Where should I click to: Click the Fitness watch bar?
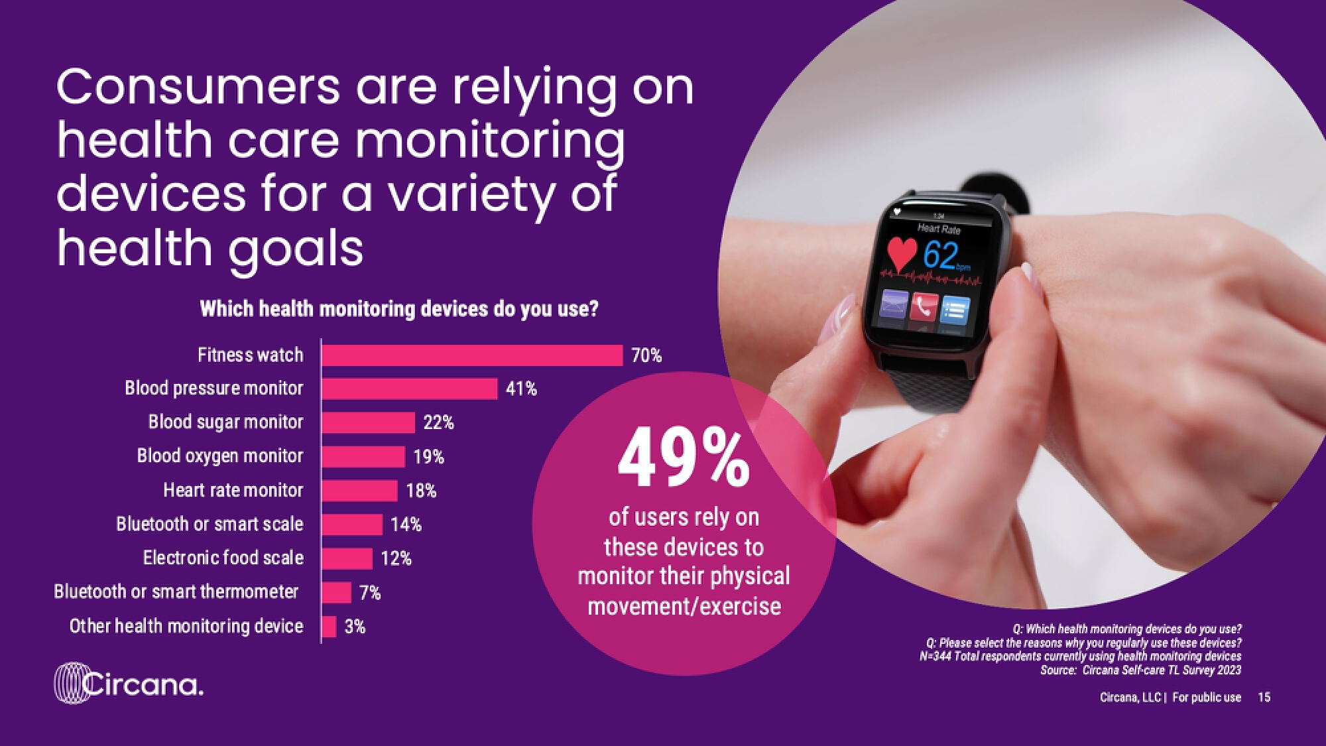(x=472, y=355)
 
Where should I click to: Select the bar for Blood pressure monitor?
(x=409, y=389)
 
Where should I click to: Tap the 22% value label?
(x=438, y=422)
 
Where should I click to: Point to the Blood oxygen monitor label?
(x=219, y=456)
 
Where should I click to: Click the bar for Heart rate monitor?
(x=359, y=491)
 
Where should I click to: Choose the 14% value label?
(x=406, y=525)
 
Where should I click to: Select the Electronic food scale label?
(x=223, y=558)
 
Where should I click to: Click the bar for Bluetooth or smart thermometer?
(x=336, y=592)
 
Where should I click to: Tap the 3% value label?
(x=355, y=627)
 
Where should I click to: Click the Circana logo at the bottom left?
(x=129, y=683)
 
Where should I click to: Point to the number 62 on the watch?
(x=941, y=255)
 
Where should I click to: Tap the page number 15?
(x=1264, y=697)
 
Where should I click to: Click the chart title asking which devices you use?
(x=399, y=309)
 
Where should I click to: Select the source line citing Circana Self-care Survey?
(x=1140, y=670)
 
